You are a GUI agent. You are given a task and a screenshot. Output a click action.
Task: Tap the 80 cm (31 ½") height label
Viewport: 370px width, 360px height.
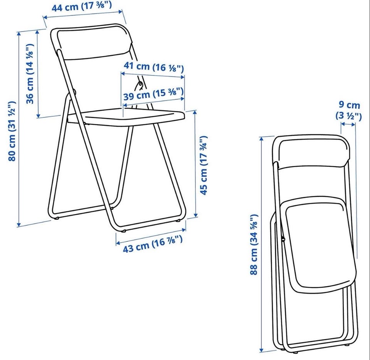(x=12, y=131)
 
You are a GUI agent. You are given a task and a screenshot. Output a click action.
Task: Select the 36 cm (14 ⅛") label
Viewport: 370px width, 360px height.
(x=30, y=74)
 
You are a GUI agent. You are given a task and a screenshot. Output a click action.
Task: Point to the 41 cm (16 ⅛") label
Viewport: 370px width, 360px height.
(x=154, y=67)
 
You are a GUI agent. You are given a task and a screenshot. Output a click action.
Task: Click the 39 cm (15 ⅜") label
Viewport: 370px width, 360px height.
(x=153, y=94)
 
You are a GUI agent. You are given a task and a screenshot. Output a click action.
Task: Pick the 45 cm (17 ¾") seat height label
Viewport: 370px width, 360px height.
(x=203, y=165)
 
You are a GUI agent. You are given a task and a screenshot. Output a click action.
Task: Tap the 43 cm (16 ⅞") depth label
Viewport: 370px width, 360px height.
(x=153, y=244)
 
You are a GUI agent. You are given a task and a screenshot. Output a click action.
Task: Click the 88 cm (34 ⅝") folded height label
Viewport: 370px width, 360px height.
(x=254, y=244)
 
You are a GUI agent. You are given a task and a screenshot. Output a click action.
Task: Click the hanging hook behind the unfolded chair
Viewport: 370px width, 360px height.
(x=139, y=85)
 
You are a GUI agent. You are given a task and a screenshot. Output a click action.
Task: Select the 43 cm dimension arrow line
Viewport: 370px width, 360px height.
(x=151, y=236)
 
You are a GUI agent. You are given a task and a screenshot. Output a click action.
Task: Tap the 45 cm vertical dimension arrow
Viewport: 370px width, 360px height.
(x=195, y=164)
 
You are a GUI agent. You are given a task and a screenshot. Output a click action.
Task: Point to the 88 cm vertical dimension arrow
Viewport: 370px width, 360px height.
(x=261, y=244)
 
